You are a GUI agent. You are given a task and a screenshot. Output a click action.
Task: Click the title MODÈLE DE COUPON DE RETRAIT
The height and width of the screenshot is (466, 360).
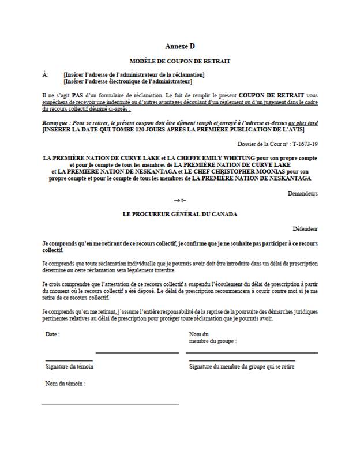180,61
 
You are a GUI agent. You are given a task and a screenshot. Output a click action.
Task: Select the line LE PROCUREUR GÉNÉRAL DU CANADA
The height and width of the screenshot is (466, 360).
180,213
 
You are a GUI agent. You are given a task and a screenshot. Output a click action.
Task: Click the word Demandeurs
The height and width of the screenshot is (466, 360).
303,194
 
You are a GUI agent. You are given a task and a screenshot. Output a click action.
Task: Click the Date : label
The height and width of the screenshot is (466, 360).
52,335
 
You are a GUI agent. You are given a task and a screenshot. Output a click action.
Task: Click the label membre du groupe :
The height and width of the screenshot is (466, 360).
212,341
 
